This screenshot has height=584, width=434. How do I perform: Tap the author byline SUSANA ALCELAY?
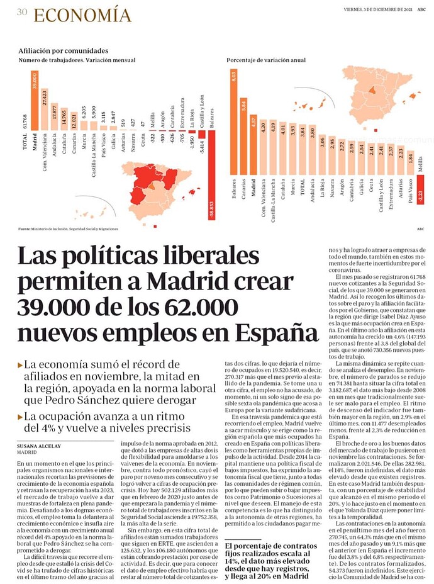click(x=40, y=446)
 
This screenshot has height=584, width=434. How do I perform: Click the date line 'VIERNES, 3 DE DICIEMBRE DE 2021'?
click(x=377, y=9)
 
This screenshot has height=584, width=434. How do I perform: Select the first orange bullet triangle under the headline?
click(x=20, y=364)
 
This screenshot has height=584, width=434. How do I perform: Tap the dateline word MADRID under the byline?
click(x=27, y=452)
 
